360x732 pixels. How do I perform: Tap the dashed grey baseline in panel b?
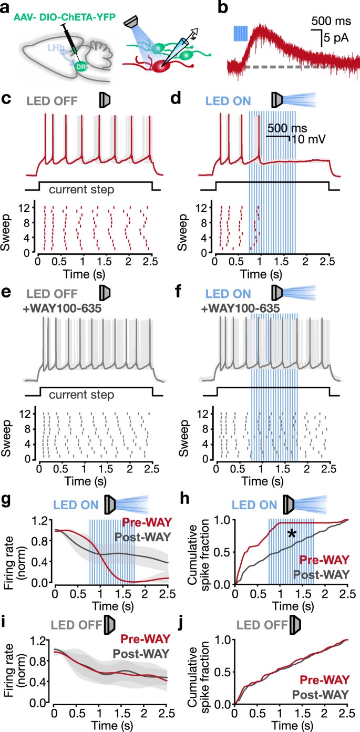(x=284, y=67)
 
